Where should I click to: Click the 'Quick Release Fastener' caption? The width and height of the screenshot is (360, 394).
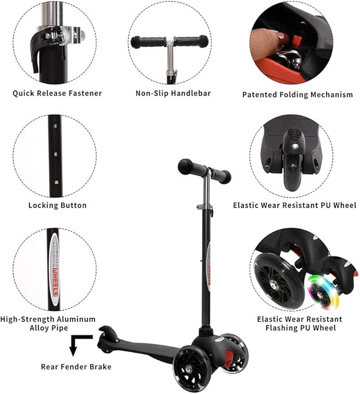[57, 93]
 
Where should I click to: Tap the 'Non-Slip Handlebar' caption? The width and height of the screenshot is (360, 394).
[173, 93]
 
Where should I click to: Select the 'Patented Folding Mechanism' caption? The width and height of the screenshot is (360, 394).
[297, 95]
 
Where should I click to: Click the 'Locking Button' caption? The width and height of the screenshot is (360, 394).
[57, 205]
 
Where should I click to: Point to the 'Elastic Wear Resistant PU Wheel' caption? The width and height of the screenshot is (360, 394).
[295, 205]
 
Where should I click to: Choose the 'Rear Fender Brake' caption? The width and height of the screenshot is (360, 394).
[76, 366]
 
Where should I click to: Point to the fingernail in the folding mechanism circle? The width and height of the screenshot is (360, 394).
[279, 38]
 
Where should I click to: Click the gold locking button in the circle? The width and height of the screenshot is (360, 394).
[55, 178]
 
